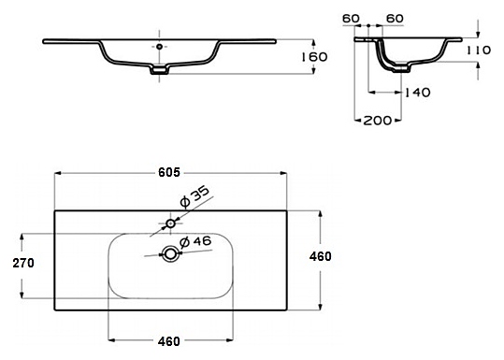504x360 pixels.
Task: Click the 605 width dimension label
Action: coord(169,173)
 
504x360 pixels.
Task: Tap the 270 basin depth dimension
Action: coord(23,264)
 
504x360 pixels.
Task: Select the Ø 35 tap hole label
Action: coord(194,196)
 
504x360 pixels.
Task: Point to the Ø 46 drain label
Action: coord(195,242)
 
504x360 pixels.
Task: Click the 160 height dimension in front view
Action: coord(314,57)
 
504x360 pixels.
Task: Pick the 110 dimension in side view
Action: coord(479,50)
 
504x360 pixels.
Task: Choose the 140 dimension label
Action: coord(417,93)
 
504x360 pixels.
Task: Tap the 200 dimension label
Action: coord(378,121)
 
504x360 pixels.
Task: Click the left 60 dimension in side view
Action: coord(351,19)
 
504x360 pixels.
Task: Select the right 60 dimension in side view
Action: coord(395,19)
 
